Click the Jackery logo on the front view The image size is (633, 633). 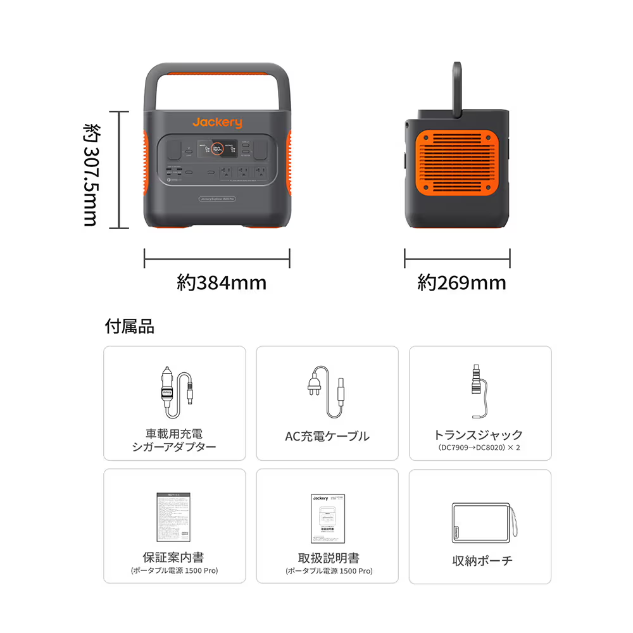[x=217, y=122]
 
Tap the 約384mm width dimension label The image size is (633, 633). [x=221, y=282]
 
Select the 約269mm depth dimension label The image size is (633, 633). [x=461, y=282]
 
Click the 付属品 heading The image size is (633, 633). [x=129, y=327]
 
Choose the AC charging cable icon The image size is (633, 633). [x=327, y=393]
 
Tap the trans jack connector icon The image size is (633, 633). [x=477, y=392]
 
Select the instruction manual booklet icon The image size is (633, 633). [x=328, y=518]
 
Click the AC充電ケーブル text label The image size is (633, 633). [x=327, y=436]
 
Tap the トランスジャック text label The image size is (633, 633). [x=479, y=435]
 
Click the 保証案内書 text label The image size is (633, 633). [x=173, y=558]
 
